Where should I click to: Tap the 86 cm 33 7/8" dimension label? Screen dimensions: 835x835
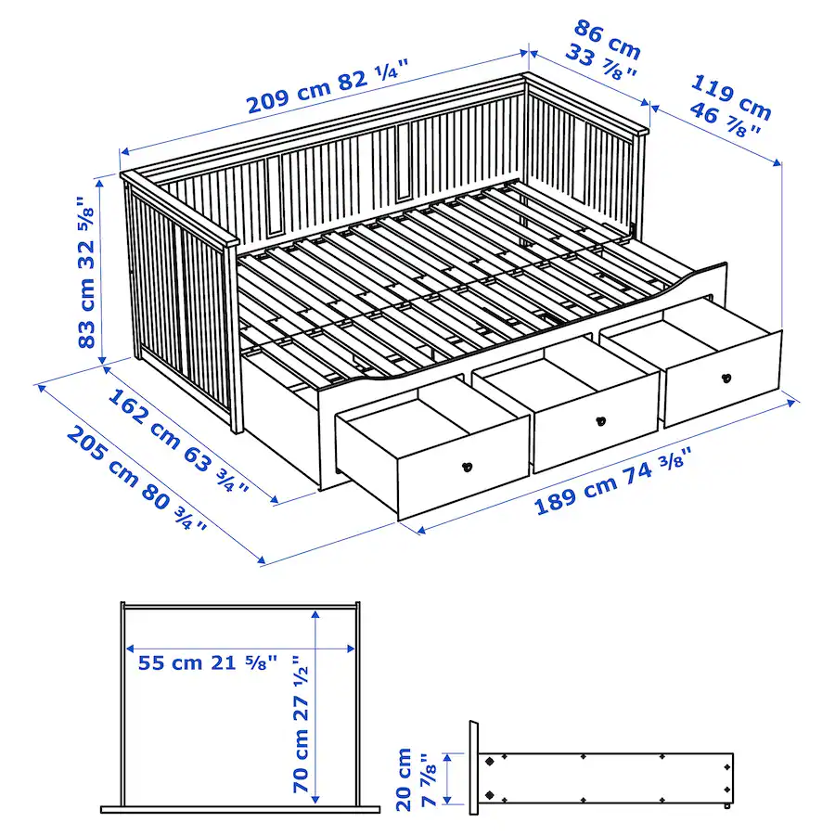607,52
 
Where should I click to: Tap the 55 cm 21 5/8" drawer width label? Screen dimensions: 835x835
208,663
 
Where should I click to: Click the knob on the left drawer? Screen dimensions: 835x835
467,466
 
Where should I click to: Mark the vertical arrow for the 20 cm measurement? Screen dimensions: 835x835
448,777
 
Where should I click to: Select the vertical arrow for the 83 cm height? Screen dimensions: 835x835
105,269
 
